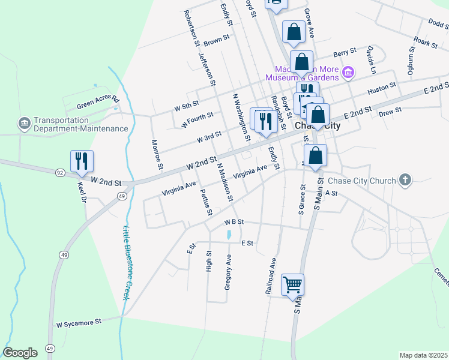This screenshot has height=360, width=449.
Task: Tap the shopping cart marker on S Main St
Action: [293, 284]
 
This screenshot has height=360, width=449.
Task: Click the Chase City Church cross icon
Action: [405, 180]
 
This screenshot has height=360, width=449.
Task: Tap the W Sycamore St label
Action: [79, 323]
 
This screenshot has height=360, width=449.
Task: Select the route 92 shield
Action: [61, 172]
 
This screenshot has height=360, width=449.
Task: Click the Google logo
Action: [20, 352]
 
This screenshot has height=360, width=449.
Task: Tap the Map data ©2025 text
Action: [423, 355]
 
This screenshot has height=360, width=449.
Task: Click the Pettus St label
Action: [205, 202]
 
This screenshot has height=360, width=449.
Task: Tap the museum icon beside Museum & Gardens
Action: [348, 73]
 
